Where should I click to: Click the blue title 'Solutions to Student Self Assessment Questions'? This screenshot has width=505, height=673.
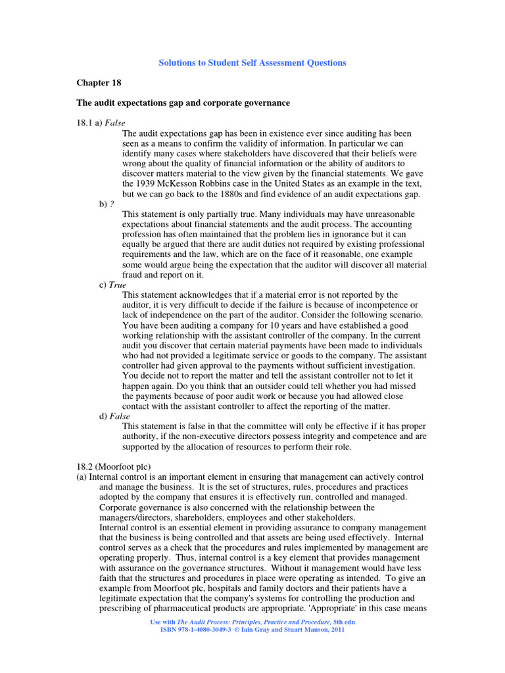pyautogui.click(x=252, y=63)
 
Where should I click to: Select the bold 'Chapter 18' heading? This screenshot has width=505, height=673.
pyautogui.click(x=99, y=83)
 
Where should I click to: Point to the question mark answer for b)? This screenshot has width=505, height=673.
pyautogui.click(x=111, y=204)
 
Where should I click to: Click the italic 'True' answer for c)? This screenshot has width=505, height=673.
pyautogui.click(x=117, y=285)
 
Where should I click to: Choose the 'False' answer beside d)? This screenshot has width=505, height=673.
pyautogui.click(x=120, y=416)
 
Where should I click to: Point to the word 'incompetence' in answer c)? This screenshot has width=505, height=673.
pyautogui.click(x=371, y=305)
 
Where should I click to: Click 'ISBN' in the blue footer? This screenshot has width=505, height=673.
pyautogui.click(x=170, y=630)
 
